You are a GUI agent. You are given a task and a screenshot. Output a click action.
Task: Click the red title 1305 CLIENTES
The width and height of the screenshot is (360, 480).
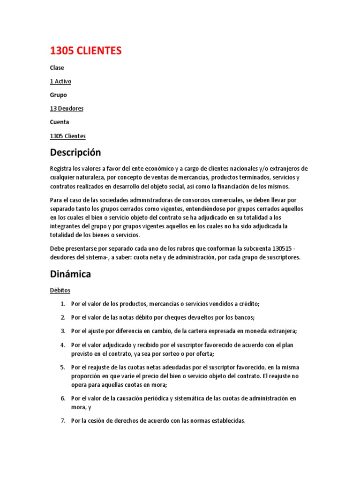[85, 51]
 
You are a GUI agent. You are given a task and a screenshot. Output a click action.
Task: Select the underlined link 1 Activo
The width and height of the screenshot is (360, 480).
[60, 81]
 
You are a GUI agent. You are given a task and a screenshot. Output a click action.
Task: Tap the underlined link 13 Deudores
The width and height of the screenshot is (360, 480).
[67, 108]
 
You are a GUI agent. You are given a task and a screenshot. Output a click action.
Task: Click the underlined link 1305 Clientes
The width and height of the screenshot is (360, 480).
[67, 136]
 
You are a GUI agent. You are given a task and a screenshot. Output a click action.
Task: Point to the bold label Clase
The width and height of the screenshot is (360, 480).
[57, 67]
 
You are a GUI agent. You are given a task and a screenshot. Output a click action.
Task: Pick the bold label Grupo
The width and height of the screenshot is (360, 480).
[59, 95]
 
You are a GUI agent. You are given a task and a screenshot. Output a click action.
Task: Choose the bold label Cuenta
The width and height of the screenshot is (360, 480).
[60, 122]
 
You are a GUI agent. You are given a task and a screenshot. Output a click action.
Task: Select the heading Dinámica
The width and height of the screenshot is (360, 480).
[70, 274]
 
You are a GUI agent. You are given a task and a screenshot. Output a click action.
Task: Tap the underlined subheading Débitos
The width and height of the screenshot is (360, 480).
[60, 291]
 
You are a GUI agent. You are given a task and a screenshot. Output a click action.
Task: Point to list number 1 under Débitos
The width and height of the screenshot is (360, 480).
[63, 304]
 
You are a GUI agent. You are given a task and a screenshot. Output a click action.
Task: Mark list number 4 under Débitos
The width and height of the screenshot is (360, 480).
[63, 345]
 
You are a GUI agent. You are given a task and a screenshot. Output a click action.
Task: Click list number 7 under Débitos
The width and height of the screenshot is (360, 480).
[63, 421]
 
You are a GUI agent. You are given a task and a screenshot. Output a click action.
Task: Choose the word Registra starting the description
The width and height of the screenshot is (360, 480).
[62, 168]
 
